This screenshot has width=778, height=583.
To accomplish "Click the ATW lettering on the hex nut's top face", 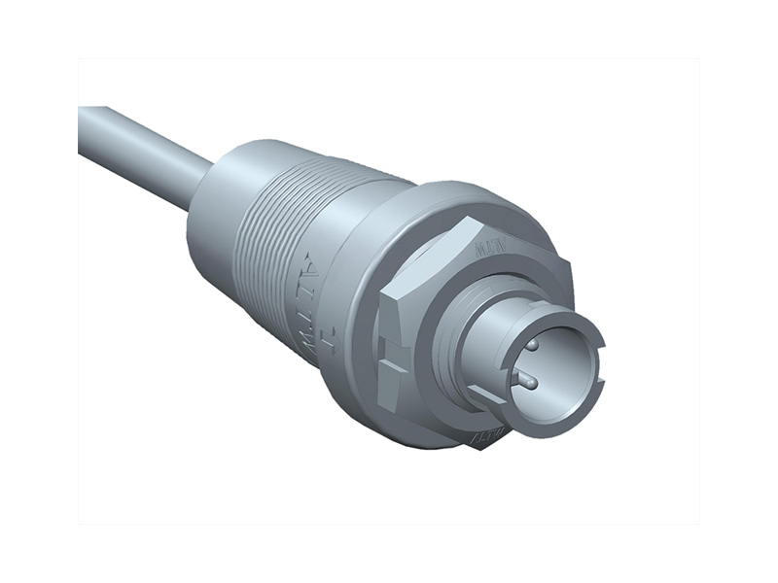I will (487, 247).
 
